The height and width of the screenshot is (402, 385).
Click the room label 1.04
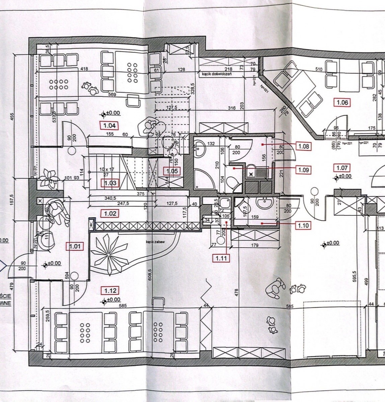coord(110,126)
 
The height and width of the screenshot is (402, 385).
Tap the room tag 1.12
coord(110,291)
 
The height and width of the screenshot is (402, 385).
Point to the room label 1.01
coord(75,247)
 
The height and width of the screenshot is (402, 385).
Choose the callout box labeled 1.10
coord(304,225)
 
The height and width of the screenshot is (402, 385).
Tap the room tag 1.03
coord(110,183)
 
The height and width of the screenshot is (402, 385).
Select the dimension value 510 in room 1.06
coord(318,69)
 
